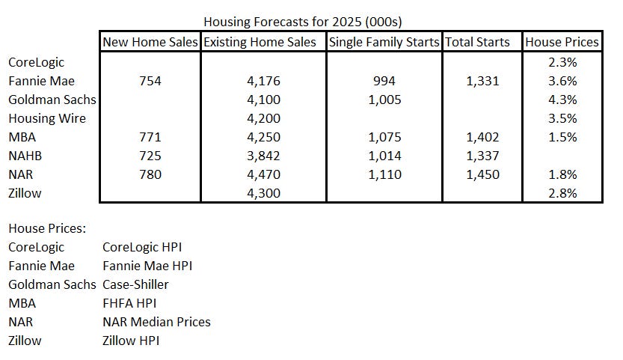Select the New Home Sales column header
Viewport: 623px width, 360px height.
coord(150,42)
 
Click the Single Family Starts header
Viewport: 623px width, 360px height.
coord(384,42)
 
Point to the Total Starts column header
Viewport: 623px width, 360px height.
coord(477,42)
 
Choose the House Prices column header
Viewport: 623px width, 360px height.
coord(562,42)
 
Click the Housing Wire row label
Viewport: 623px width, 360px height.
coord(46,118)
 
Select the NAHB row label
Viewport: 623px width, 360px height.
coord(27,156)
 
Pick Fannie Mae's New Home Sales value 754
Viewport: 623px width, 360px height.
coord(150,81)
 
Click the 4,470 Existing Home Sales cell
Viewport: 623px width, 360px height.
coord(264,174)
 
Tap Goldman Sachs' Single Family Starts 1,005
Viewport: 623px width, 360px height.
coord(384,100)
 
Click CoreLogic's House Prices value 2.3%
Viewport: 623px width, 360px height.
coord(562,62)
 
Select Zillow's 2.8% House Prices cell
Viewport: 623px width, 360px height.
coord(562,193)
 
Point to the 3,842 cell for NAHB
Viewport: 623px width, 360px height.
coord(264,156)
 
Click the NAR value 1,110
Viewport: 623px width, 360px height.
coord(384,174)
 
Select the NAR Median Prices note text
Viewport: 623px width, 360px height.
coord(156,322)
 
